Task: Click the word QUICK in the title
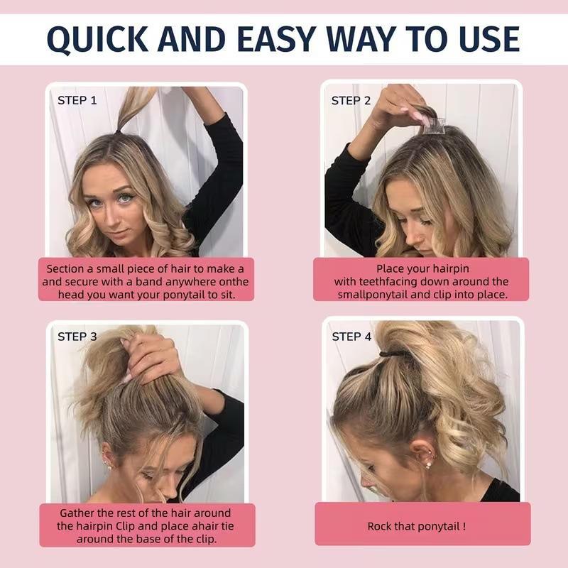98,40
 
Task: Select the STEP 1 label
77,100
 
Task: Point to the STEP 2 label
351,101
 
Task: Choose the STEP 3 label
77,337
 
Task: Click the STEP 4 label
351,337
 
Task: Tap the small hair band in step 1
119,132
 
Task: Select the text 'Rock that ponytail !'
417,526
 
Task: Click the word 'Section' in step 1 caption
65,269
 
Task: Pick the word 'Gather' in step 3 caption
77,513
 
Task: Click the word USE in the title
489,39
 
